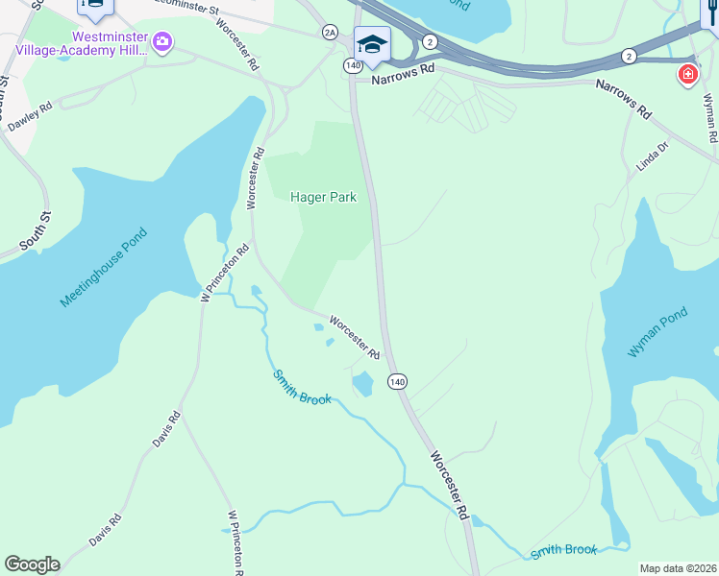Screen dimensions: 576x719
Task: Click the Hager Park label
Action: click(x=323, y=198)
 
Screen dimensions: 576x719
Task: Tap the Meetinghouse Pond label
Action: click(x=105, y=268)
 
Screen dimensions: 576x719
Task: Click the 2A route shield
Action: click(x=330, y=33)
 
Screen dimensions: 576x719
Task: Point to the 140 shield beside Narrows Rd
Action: click(x=353, y=65)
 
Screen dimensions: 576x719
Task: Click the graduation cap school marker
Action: click(x=372, y=44)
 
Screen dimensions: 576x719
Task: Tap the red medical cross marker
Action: click(x=687, y=74)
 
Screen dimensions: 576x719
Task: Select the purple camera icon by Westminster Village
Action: click(x=162, y=41)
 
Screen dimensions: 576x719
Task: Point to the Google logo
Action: click(x=32, y=564)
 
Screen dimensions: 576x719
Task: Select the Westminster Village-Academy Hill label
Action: click(x=100, y=42)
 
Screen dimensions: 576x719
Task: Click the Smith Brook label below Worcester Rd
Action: click(x=301, y=387)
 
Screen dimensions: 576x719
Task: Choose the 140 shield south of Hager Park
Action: click(x=398, y=381)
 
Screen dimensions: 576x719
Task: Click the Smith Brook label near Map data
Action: click(x=565, y=550)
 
